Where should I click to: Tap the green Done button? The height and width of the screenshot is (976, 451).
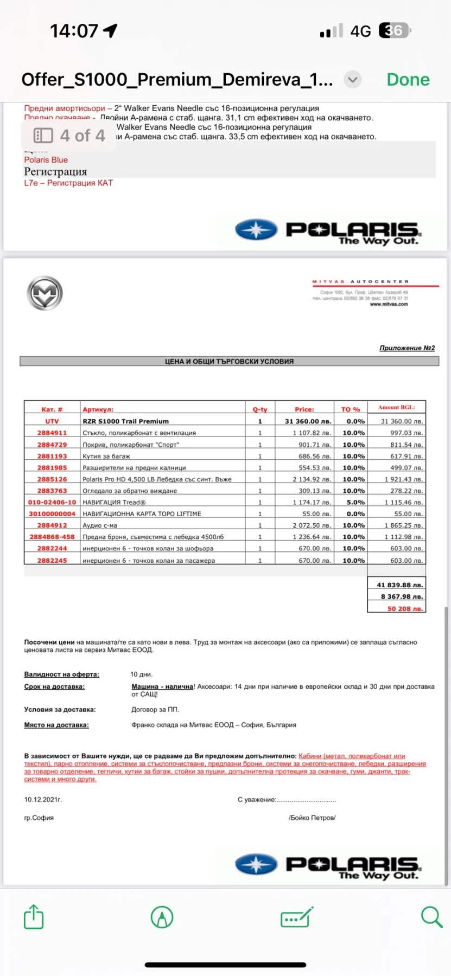point(408,80)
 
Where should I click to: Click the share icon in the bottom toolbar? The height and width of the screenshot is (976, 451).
point(34,917)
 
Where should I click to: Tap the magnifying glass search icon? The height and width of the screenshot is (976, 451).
point(431,917)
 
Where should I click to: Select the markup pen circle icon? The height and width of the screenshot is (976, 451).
point(162,917)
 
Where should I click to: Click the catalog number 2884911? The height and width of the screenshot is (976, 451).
point(52,433)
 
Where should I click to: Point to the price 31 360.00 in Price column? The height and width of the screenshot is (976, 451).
point(307,421)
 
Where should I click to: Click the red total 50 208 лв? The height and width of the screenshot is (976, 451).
point(404,608)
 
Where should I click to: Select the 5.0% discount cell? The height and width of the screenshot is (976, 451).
point(353,502)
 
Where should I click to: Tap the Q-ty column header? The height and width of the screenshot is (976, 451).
point(260,409)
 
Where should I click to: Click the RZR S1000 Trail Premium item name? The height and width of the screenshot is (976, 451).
point(125,421)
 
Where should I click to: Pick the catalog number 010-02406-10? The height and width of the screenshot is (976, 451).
point(52,502)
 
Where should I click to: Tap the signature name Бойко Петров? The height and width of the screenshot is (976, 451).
point(312,818)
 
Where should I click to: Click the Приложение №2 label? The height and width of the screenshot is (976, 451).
point(406,348)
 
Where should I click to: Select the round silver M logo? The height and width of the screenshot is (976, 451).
point(45,293)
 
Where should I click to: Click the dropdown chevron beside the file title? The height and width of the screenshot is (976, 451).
point(353,80)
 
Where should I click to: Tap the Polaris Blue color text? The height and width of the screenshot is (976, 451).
point(46,160)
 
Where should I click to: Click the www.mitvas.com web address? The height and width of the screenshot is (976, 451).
point(389,304)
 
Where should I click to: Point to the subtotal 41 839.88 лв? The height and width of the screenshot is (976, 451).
point(400,585)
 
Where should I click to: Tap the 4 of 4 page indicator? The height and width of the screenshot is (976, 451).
point(69,135)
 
